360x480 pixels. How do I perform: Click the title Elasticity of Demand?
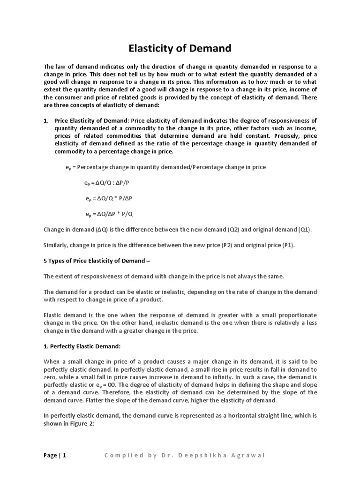[x=180, y=48]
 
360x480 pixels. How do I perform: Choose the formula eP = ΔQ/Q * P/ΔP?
[x=109, y=199]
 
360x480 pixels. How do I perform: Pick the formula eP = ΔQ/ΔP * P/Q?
[x=109, y=214]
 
